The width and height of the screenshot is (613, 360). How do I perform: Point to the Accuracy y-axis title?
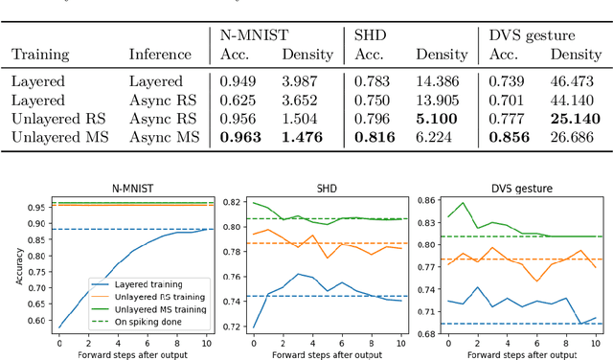tap(11, 264)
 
